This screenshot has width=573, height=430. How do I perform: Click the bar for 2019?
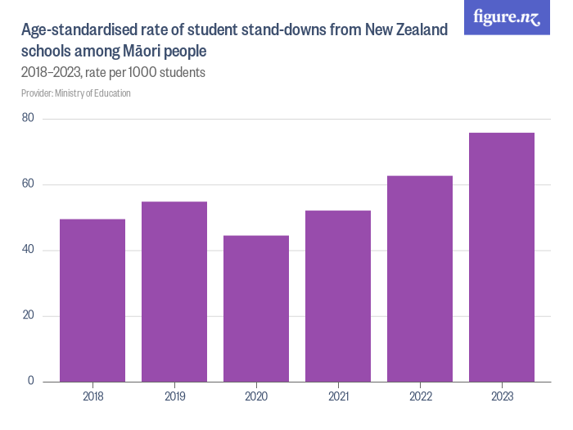[x=174, y=291]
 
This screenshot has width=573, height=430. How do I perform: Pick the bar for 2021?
[x=338, y=296]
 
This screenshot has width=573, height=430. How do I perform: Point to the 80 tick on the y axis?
[x=28, y=119]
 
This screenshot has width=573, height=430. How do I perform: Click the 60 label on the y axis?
[x=28, y=184]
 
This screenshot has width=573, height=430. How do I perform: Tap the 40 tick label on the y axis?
[x=28, y=250]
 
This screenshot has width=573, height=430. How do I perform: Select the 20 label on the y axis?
[x=28, y=315]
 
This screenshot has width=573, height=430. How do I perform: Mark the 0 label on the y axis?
[x=31, y=381]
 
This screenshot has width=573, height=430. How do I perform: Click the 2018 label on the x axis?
[x=92, y=396]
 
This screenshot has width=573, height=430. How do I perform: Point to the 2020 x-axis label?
[x=256, y=396]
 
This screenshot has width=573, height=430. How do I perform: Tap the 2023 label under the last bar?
[x=502, y=396]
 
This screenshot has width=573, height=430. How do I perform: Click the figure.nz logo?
[x=508, y=17]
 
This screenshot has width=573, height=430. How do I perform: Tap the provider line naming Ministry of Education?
[x=76, y=93]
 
